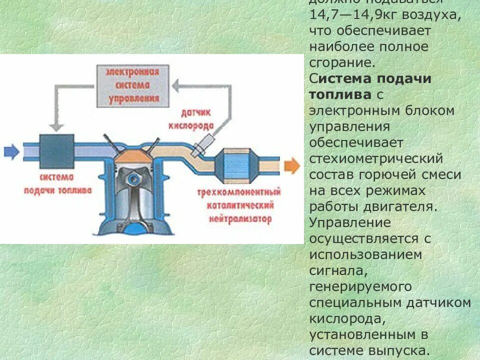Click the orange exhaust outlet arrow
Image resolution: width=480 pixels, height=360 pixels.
pos(291,165)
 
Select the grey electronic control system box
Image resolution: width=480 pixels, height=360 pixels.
pos(131,85)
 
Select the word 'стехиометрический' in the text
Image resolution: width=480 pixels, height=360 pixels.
pos(376,158)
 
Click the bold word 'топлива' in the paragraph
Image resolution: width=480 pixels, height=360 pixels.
pos(340,94)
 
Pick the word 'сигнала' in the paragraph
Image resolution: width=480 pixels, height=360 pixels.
pos(338,270)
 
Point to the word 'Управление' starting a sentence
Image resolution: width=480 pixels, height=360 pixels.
pos(350,222)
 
